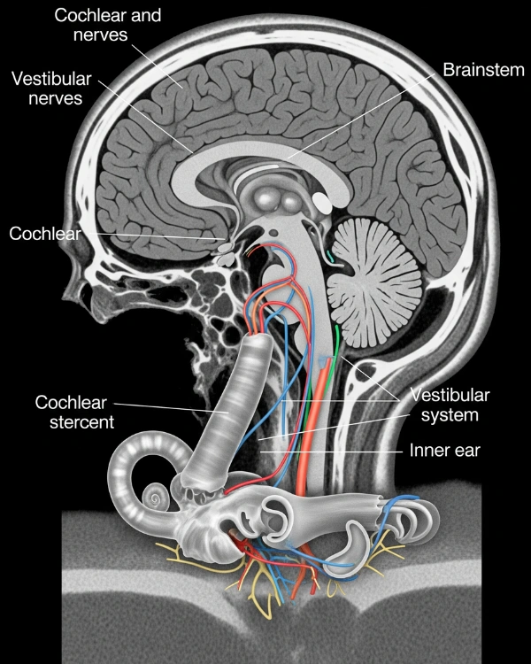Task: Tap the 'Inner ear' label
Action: [x=443, y=450]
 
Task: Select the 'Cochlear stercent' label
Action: [x=75, y=412]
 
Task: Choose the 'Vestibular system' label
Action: [x=450, y=404]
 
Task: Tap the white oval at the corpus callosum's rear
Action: [x=324, y=200]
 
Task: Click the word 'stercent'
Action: [x=75, y=422]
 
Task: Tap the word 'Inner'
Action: [x=428, y=450]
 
